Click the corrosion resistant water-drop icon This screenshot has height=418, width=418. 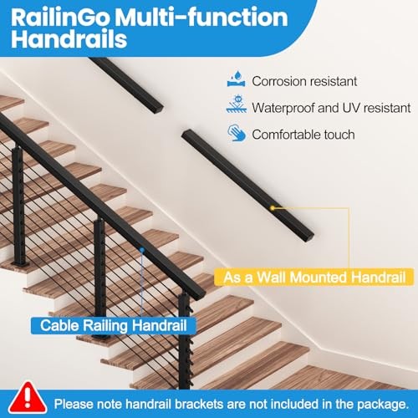tap(236, 82)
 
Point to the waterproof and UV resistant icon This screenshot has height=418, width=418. tap(236, 107)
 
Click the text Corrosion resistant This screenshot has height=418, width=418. tap(304, 82)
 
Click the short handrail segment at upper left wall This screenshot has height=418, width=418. tap(125, 74)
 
